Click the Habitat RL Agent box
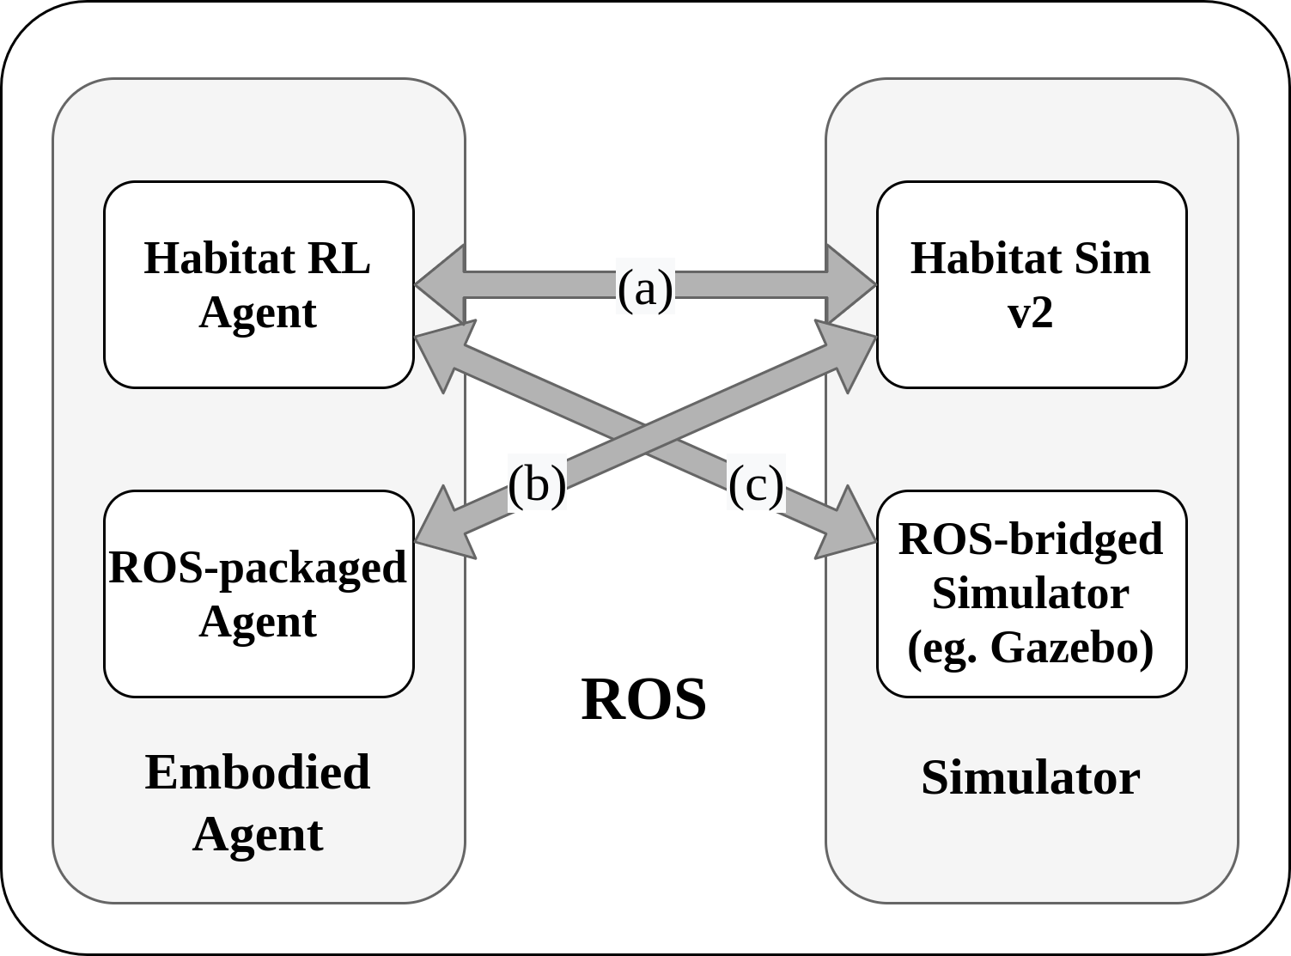pos(259,284)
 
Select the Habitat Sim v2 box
pos(1031,284)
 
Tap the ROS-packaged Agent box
pos(259,594)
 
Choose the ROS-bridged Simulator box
pos(1031,594)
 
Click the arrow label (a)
pos(645,288)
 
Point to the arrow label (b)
pos(537,483)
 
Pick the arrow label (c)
pos(756,483)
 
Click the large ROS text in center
pos(644,699)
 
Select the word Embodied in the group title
pos(258,771)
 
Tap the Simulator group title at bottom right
pos(1030,777)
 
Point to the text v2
pos(1030,312)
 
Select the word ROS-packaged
pos(258,567)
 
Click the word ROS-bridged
pos(1030,539)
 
